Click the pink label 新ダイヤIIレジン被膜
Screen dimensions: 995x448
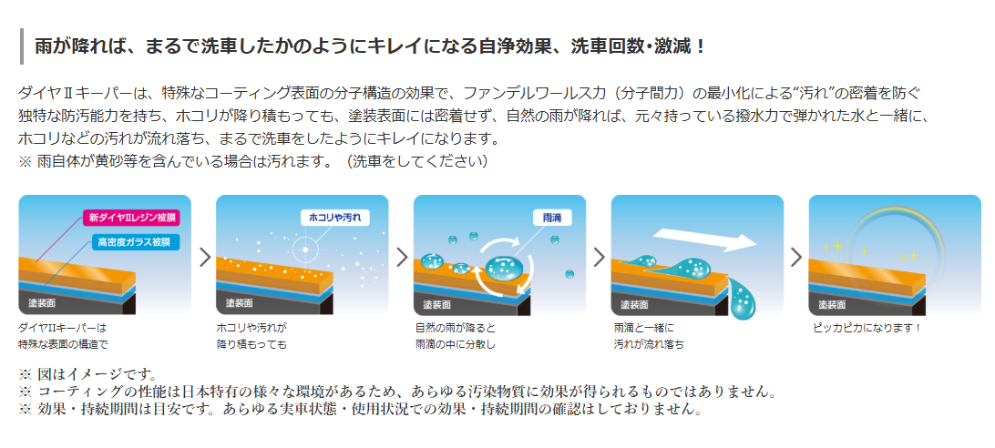[x=131, y=218]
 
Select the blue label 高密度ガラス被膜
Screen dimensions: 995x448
[x=135, y=242]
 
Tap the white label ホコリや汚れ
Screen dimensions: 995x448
[x=334, y=218]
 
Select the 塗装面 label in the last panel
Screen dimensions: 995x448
[x=832, y=304]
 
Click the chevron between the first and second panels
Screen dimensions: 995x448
[x=204, y=257]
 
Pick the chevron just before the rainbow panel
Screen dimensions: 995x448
[x=796, y=257]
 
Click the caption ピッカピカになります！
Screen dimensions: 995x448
[x=867, y=328]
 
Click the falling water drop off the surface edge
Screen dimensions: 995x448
[x=742, y=296]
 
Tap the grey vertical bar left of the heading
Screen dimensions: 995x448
[x=22, y=46]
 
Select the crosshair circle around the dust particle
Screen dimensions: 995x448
[x=305, y=249]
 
